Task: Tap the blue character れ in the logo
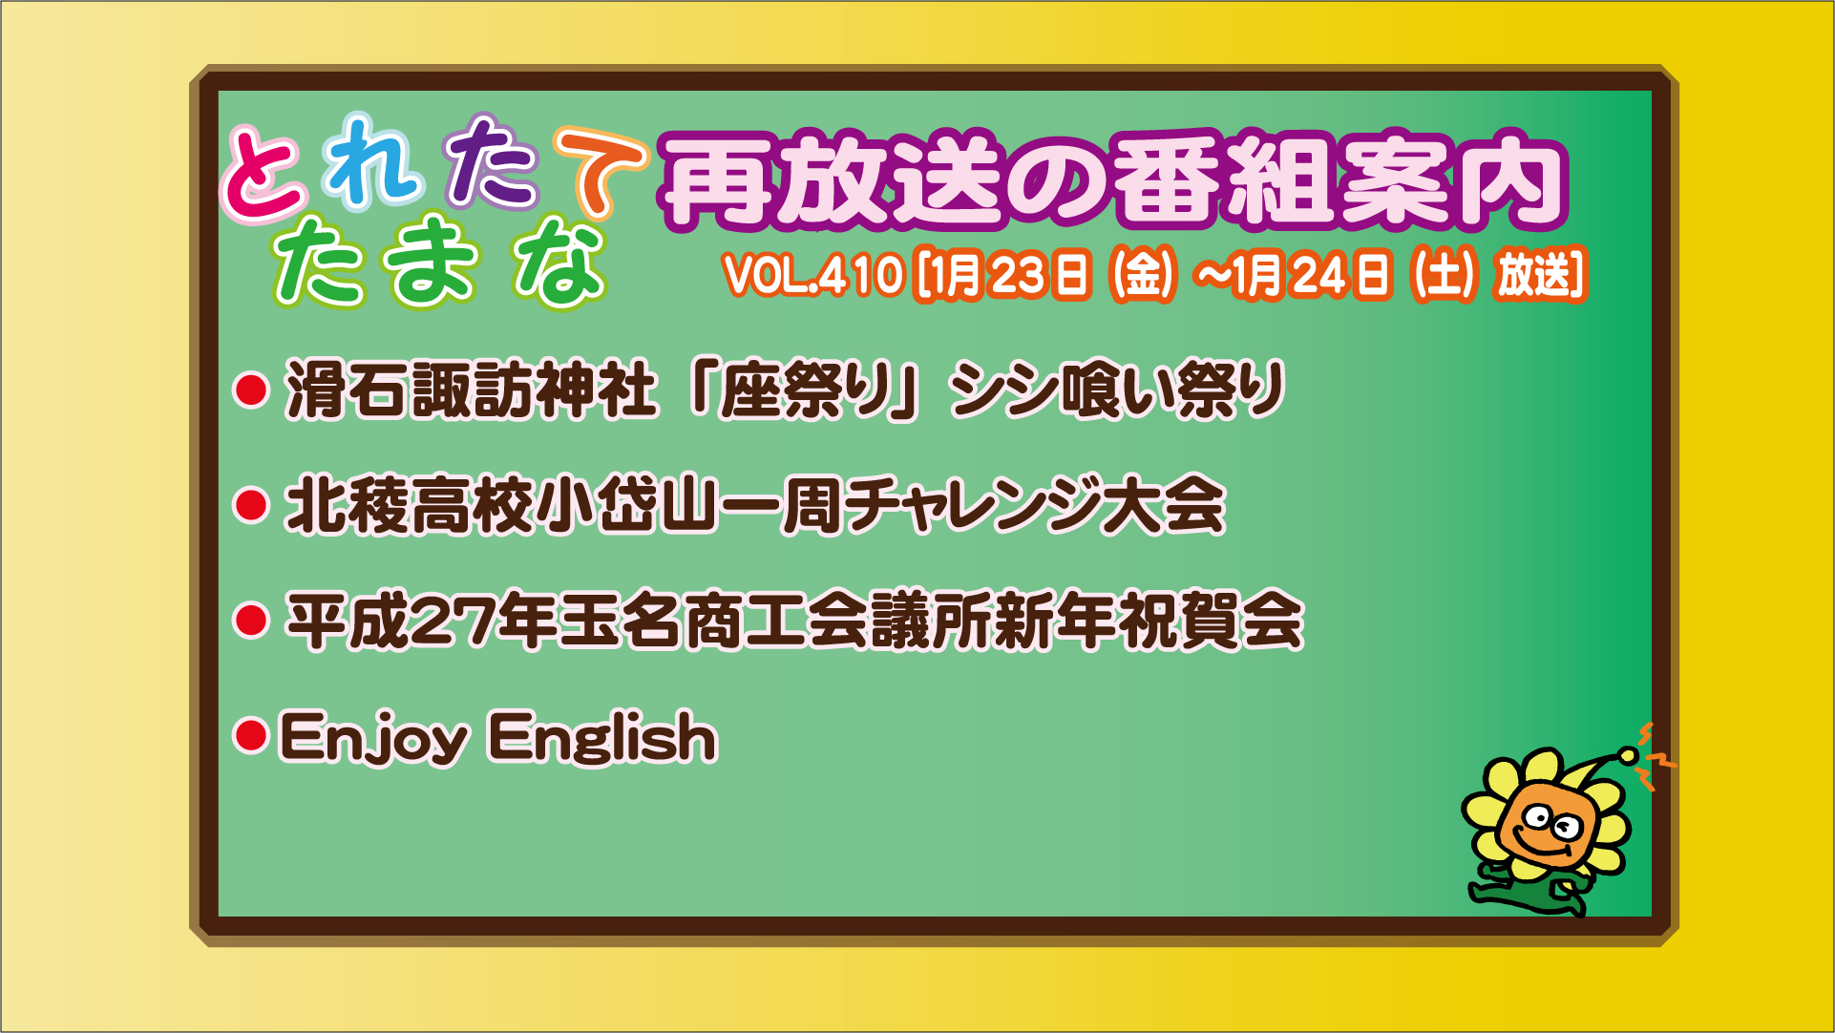(372, 160)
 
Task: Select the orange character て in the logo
(600, 171)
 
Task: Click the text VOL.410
(812, 275)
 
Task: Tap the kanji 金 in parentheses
(1143, 275)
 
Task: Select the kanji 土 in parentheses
(1445, 275)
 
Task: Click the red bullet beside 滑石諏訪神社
(251, 390)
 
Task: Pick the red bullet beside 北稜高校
(251, 505)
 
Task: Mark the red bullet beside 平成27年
(251, 621)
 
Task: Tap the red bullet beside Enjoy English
(251, 736)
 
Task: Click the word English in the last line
(602, 738)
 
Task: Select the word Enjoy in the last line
(373, 738)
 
